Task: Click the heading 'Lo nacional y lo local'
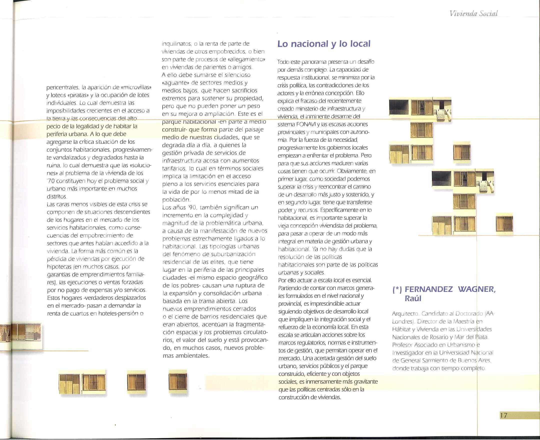(x=324, y=44)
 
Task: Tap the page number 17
(x=504, y=415)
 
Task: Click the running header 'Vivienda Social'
(x=473, y=13)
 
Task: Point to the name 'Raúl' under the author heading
(x=413, y=298)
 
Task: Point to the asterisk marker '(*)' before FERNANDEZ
(x=397, y=289)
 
